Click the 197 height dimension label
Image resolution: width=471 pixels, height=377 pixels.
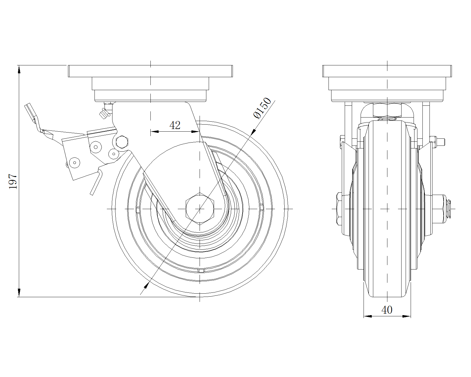(x=13, y=181)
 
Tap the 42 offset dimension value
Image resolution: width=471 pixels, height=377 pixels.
(x=175, y=125)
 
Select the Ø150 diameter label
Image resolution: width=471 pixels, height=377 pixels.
(x=262, y=108)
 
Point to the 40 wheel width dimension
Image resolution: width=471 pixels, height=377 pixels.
(x=387, y=310)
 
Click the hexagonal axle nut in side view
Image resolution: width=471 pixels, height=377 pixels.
(x=199, y=209)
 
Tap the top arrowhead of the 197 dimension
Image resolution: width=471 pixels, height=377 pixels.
(x=19, y=70)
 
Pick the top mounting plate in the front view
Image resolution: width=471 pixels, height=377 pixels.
(x=387, y=71)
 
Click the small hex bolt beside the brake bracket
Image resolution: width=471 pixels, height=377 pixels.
(x=122, y=142)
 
